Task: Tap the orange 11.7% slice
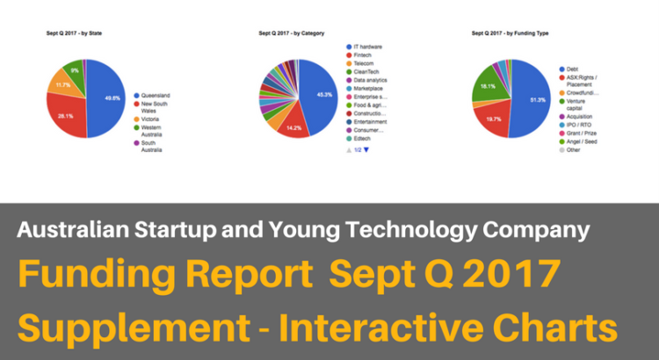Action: click(x=62, y=85)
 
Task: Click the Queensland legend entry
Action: click(x=156, y=95)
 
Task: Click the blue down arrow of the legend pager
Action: click(x=366, y=150)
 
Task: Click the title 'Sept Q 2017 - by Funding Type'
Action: click(x=511, y=32)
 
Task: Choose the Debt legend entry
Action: click(x=572, y=68)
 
